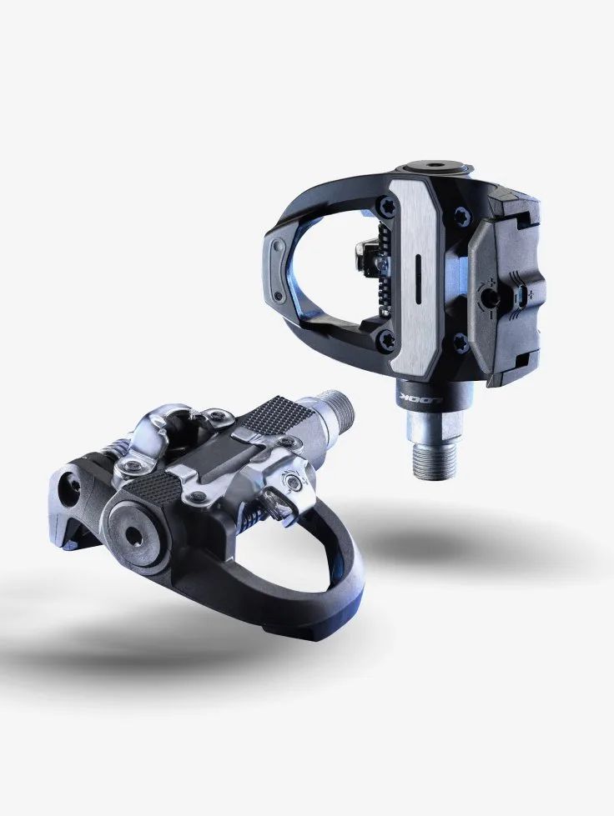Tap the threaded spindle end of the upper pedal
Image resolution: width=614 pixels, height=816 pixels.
[435, 457]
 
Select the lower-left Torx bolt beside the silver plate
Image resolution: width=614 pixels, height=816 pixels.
[386, 338]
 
